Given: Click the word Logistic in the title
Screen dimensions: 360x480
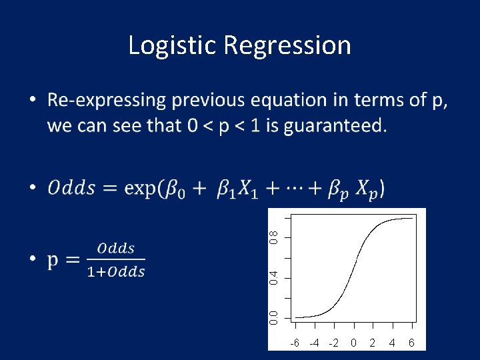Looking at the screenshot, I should (x=173, y=45).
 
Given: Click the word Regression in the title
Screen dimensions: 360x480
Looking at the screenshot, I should (x=287, y=46).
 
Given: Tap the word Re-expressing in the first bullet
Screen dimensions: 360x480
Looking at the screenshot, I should (x=107, y=101).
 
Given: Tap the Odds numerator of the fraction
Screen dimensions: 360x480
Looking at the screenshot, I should (x=116, y=249).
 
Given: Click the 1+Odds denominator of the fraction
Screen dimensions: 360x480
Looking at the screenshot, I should (x=116, y=271).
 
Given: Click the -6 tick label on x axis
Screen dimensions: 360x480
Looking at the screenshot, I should (x=294, y=343).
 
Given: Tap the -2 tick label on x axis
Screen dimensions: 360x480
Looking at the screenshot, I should (x=333, y=343).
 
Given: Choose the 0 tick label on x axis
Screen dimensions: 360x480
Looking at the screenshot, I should (x=353, y=343).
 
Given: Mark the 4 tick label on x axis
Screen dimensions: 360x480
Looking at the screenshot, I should (x=392, y=343).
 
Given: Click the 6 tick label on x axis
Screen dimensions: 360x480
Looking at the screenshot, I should (x=411, y=343).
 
